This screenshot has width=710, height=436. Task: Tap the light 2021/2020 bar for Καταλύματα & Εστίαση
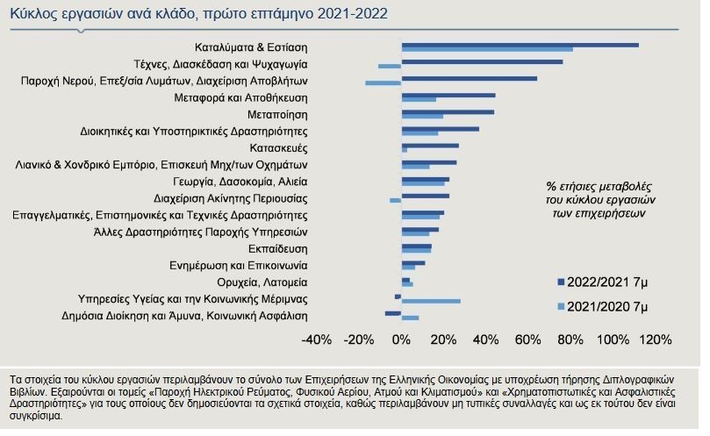[487, 49]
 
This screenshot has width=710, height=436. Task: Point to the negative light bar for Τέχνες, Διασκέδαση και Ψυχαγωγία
[390, 66]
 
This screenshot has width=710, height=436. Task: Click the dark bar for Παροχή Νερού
[469, 78]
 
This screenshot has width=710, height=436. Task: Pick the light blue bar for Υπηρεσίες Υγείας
[431, 302]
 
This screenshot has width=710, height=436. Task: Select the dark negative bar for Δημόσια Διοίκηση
[393, 313]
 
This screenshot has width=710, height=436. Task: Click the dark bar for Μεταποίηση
[448, 111]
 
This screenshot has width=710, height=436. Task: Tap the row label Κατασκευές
[278, 147]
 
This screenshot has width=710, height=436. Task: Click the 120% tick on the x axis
[655, 339]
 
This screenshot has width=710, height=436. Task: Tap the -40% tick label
[316, 339]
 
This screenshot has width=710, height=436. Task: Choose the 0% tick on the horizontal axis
[401, 339]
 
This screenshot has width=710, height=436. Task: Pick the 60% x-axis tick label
[527, 339]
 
